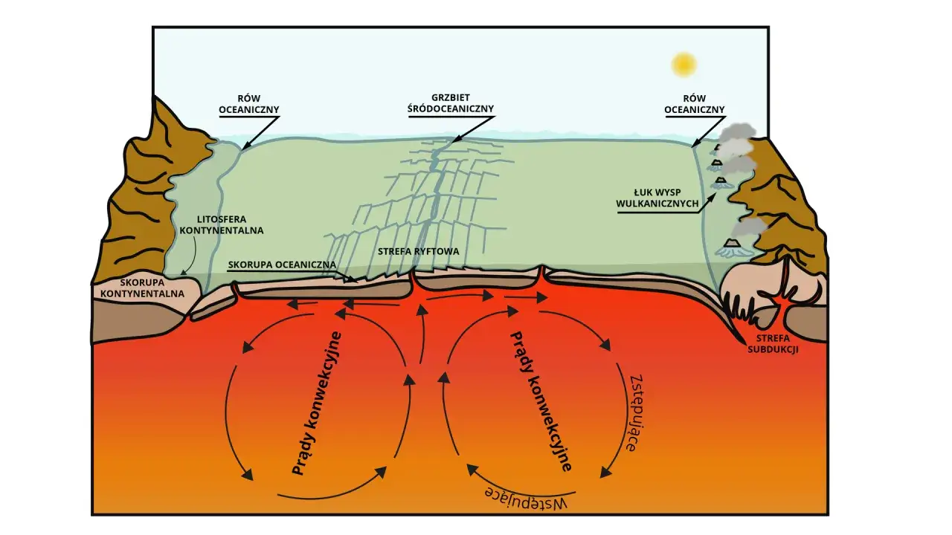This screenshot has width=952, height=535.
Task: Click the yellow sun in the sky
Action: [x=684, y=65]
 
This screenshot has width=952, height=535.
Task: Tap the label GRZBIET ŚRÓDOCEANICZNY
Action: [x=451, y=103]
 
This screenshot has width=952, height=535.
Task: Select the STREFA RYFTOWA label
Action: [x=419, y=251]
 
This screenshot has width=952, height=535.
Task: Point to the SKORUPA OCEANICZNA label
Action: [x=282, y=265]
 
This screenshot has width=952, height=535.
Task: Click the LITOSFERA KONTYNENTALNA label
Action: [x=222, y=225]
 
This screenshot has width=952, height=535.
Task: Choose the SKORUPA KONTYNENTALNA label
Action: [x=142, y=288]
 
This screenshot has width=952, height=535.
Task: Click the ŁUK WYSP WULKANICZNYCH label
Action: [x=657, y=198]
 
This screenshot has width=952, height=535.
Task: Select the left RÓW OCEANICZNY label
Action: [x=249, y=104]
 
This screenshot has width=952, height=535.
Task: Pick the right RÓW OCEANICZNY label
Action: [x=695, y=104]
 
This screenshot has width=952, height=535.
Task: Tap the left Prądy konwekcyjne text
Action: [x=317, y=403]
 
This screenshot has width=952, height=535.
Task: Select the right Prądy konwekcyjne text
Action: [x=541, y=401]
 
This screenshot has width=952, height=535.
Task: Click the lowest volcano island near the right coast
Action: [x=733, y=248]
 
